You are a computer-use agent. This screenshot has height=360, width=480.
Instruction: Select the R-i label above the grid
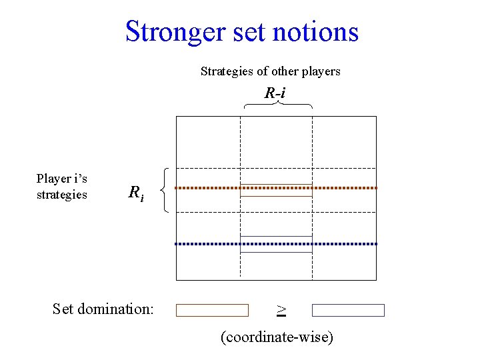point(275,93)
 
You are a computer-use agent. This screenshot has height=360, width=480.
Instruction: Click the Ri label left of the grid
point(135,193)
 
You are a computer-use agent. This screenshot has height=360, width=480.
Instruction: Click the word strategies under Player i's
point(62,195)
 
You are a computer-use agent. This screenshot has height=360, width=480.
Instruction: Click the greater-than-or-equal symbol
point(281,309)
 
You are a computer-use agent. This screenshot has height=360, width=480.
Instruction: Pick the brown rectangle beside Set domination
point(212,310)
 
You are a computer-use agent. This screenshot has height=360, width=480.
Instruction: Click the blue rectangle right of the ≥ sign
point(349,310)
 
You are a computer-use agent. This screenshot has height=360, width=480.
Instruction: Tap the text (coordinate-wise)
point(277,337)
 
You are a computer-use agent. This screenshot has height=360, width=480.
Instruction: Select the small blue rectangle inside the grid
point(276,244)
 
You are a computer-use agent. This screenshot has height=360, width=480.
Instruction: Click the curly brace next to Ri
point(166,190)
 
